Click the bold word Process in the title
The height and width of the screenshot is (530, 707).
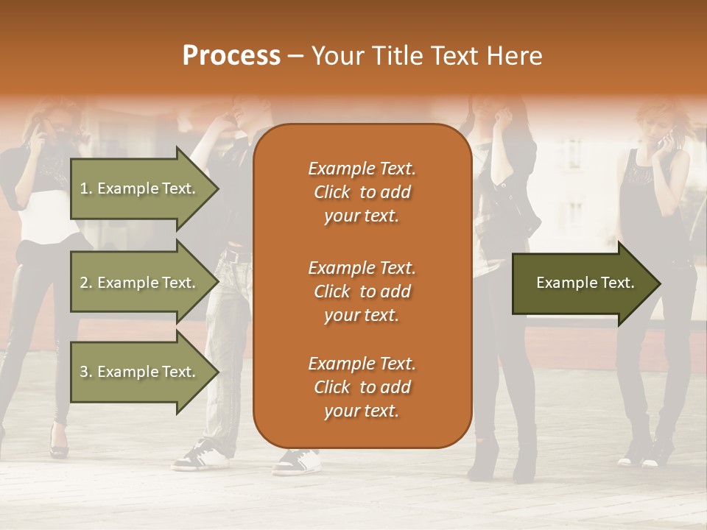point(231,56)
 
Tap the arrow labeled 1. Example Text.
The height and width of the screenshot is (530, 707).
point(140,188)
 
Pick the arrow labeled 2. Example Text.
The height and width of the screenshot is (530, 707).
point(140,283)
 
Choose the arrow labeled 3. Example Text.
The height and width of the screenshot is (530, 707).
point(140,372)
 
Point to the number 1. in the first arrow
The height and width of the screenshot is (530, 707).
point(86,188)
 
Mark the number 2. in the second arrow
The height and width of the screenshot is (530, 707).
point(86,283)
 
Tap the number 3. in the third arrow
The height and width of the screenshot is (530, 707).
point(86,372)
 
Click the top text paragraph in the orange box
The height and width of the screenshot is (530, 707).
point(362,192)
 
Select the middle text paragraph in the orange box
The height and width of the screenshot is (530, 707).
point(362,291)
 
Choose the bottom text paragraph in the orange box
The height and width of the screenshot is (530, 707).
point(362,387)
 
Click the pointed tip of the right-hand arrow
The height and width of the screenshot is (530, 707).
point(658,283)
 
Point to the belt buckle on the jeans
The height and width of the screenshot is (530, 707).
point(233,256)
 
